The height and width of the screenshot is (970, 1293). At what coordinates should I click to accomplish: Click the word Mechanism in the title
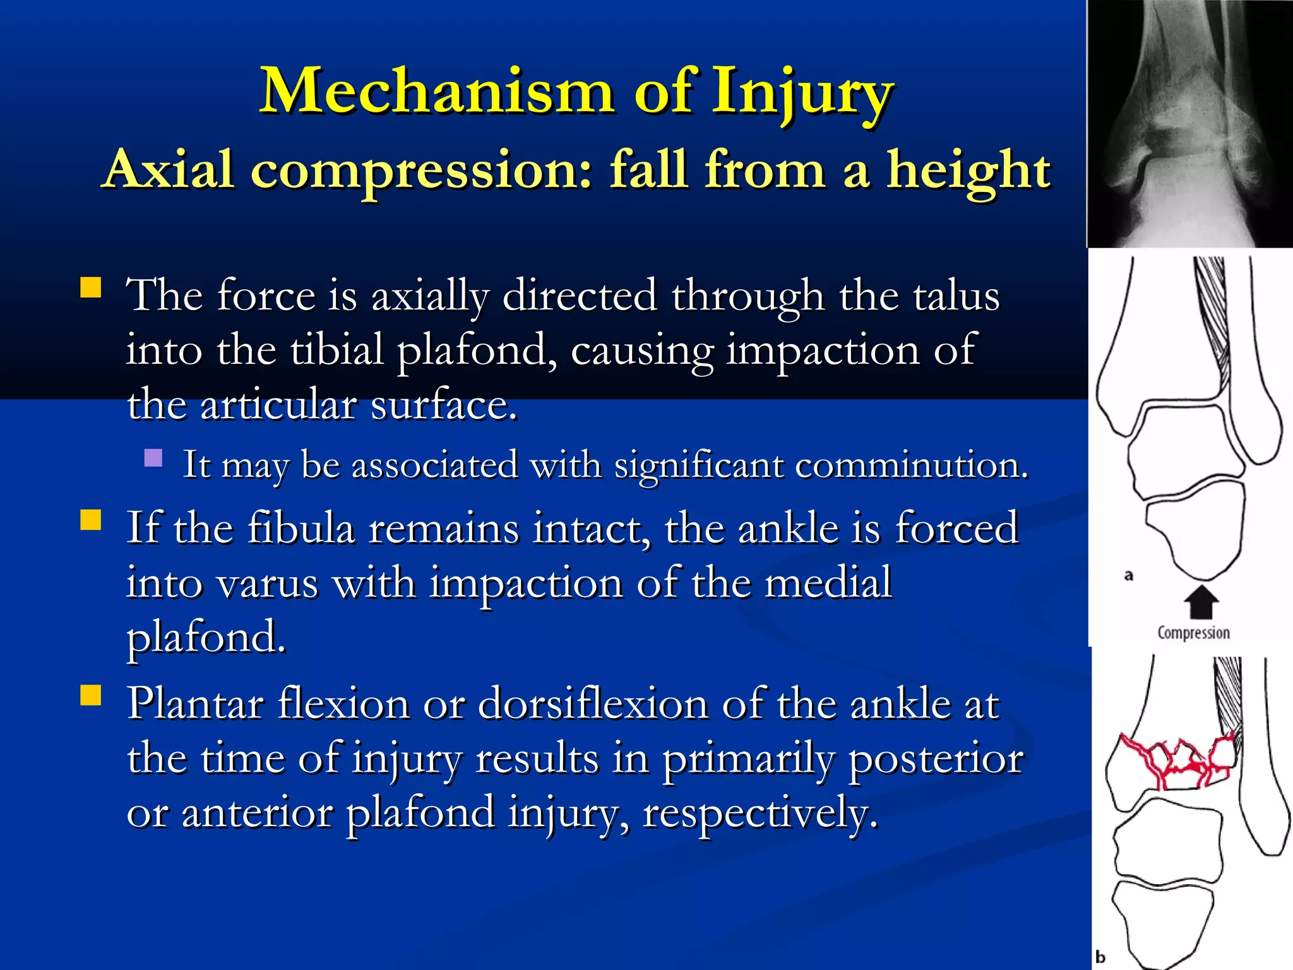click(437, 92)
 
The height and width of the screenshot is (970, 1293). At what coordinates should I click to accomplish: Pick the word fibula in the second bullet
click(301, 528)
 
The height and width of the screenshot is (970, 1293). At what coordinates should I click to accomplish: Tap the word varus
click(267, 583)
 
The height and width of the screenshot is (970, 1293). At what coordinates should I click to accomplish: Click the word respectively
click(760, 813)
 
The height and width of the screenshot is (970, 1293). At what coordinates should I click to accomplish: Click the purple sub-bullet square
click(153, 457)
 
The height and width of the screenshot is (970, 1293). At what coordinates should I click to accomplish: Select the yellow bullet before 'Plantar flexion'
click(91, 695)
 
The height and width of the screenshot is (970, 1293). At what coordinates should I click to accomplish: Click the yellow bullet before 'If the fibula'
click(91, 520)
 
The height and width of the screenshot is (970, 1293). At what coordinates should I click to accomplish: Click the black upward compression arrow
click(1200, 602)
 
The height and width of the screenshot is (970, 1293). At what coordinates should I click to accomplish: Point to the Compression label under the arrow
click(1193, 633)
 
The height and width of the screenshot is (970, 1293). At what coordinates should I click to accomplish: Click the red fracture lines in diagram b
click(1174, 764)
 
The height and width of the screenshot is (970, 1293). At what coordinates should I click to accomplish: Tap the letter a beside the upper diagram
click(1129, 575)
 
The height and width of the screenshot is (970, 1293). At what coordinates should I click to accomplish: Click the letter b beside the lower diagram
click(1100, 957)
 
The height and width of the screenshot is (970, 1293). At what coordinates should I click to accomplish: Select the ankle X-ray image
click(1189, 123)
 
